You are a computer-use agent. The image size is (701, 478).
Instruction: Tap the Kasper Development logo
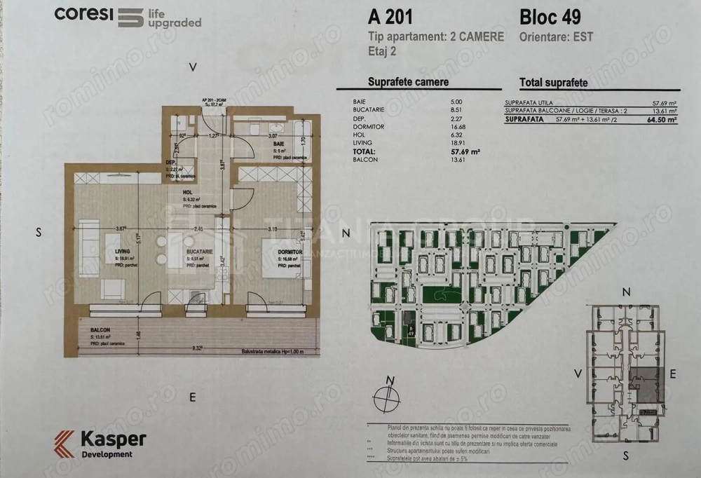101,444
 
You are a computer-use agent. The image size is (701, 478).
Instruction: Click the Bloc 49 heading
550,16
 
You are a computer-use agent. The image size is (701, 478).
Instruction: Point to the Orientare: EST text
556,36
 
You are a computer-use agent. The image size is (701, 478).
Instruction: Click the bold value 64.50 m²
662,120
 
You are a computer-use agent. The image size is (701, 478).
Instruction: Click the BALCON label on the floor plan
100,329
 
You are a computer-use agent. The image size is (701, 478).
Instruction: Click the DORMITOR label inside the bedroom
289,251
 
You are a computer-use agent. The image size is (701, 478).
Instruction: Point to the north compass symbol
387,398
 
